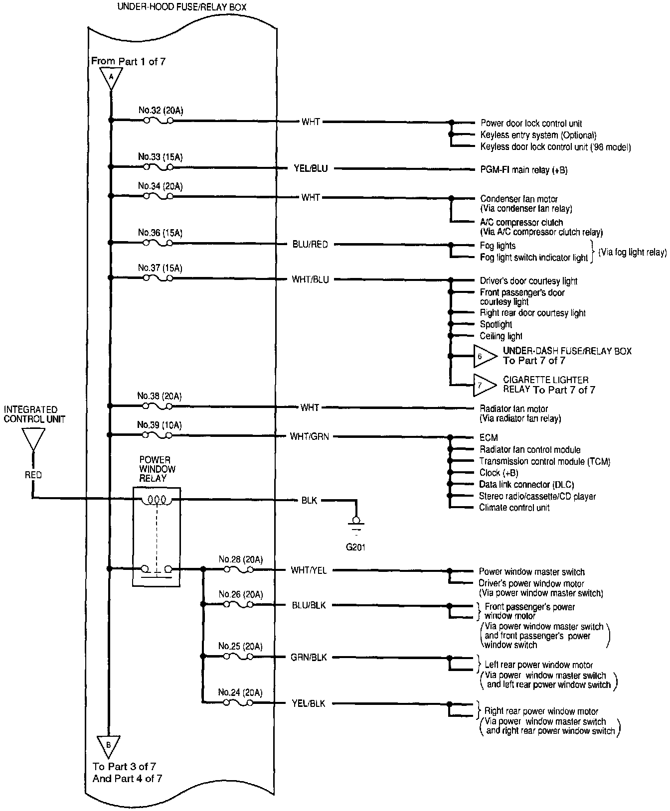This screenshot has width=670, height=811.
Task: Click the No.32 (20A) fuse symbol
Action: click(159, 121)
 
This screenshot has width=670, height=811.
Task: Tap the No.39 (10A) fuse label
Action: click(160, 425)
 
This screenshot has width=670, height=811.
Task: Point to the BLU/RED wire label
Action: click(310, 245)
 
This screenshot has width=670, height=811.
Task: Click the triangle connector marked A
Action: click(111, 77)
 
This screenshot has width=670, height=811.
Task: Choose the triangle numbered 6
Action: click(484, 356)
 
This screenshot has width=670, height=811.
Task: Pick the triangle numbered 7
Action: click(483, 385)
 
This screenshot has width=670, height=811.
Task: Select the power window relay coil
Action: click(158, 500)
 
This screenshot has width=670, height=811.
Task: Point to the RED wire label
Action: click(33, 475)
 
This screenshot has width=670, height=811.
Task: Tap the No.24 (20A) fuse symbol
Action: click(238, 703)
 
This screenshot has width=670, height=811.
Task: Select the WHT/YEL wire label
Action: click(309, 570)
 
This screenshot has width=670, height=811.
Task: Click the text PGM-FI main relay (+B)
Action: click(523, 170)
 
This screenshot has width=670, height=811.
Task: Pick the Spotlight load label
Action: click(496, 325)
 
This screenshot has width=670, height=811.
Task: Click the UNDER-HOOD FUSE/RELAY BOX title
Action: click(181, 7)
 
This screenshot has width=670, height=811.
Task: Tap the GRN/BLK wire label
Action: click(309, 658)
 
